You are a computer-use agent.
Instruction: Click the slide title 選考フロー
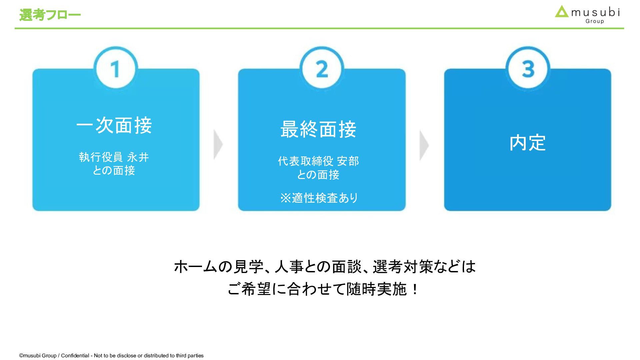point(50,15)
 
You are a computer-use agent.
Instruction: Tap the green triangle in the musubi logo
point(562,12)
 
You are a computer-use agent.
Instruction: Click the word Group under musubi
point(595,21)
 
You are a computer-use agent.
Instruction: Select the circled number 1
point(116,69)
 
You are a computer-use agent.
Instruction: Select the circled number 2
point(322,69)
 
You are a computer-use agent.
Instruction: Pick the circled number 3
point(528,69)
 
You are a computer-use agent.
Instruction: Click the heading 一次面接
point(114,126)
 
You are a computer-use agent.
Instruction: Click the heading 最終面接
point(318,129)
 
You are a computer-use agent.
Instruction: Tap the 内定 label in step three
point(527,143)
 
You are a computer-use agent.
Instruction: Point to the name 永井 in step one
point(138,157)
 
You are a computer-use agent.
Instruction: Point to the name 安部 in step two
point(348,161)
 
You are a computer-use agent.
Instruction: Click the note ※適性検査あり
point(319,198)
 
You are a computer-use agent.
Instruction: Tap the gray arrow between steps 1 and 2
point(218,145)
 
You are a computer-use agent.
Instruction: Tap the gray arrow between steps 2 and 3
point(424,145)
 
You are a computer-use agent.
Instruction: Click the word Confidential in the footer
point(75,356)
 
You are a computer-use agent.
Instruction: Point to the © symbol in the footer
point(21,356)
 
